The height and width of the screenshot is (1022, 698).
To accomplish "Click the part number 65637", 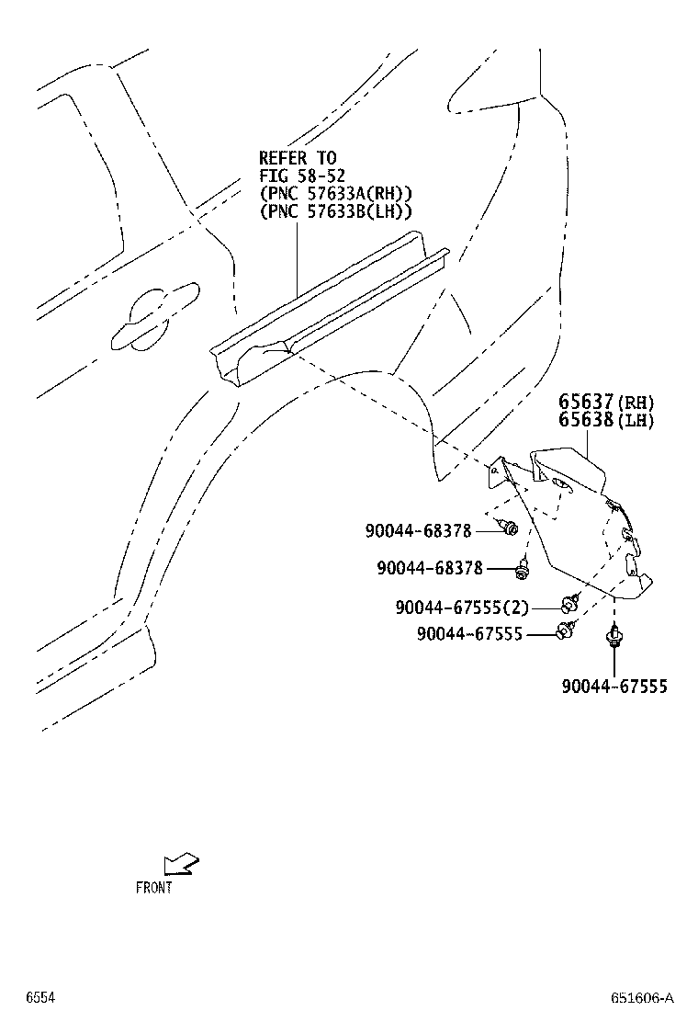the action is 586,401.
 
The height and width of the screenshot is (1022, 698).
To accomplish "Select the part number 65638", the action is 586,420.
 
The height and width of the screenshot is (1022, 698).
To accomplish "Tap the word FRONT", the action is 154,887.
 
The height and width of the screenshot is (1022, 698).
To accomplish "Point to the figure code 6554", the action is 40,997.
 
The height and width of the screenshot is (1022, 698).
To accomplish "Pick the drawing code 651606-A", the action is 642,998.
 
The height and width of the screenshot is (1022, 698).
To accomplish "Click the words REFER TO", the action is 298,158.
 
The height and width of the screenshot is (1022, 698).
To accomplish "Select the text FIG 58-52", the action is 302,176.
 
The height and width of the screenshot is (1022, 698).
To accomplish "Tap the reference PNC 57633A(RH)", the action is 335,194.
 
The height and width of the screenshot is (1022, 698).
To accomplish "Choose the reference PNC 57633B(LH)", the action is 335,211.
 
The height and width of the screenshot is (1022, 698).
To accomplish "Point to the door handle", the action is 154,317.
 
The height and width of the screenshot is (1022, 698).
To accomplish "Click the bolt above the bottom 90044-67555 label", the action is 614,635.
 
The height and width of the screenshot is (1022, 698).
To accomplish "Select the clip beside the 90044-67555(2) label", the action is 569,604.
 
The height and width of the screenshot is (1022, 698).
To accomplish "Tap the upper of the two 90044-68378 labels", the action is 418,530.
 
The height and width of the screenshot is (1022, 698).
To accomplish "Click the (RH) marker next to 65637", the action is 635,403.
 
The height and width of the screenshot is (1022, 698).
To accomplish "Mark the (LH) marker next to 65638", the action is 635,420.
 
